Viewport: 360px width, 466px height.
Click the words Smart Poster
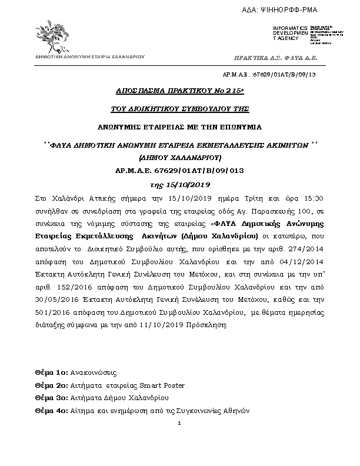(162, 385)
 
